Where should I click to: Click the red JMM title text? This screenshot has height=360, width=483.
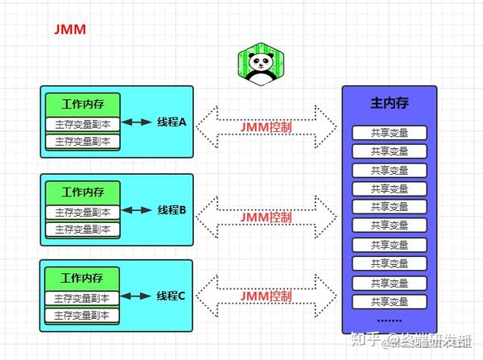pos(69,30)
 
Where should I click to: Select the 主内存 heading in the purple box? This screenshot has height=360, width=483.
pos(389,103)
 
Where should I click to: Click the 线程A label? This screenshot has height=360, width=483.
pos(171,122)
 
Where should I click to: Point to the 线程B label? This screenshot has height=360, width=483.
pos(171,210)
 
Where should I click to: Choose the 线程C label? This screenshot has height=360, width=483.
pos(171,296)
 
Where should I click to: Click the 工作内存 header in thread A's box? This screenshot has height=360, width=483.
pos(82,104)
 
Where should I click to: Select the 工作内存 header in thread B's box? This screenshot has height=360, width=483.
pos(82,192)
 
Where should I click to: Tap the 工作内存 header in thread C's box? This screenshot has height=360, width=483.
pos(82,278)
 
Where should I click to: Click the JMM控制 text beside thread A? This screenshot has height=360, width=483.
pos(266,126)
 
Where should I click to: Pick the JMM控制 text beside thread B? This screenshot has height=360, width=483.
pos(266,217)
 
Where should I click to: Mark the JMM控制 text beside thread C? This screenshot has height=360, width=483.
pos(266,296)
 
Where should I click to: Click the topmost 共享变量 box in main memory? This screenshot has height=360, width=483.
pos(390,133)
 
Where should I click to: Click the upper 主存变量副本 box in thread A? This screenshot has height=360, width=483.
pos(82,124)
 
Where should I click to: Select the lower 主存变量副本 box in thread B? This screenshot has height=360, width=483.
pos(82,229)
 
